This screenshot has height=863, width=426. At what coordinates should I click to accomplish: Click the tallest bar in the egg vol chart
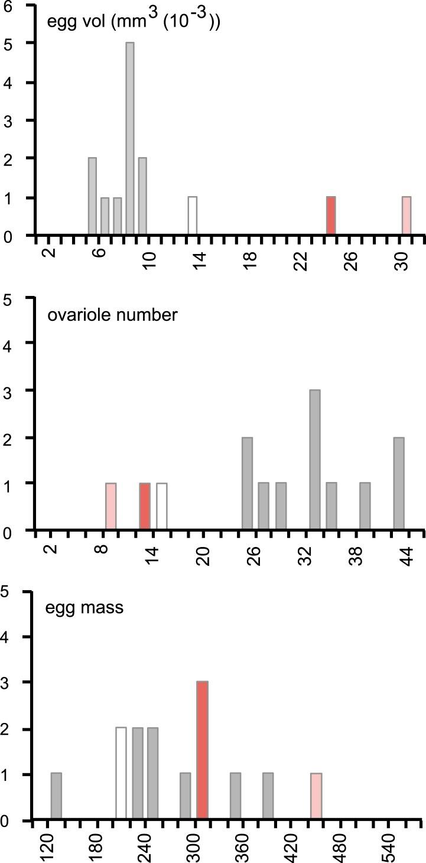(x=129, y=139)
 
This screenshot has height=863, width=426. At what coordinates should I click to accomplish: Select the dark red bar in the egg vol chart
(x=331, y=216)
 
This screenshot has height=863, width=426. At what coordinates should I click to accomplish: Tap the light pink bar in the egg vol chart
(x=406, y=216)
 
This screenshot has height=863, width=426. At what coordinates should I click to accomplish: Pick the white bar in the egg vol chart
(x=192, y=216)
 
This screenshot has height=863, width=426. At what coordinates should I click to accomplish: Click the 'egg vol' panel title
(x=134, y=24)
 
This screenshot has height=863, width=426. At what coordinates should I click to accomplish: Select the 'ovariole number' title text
(x=112, y=315)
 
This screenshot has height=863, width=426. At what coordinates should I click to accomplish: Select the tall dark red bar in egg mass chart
(x=202, y=751)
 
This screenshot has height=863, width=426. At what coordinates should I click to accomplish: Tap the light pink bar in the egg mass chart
(x=316, y=797)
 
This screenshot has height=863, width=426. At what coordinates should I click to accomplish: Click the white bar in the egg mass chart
(x=121, y=774)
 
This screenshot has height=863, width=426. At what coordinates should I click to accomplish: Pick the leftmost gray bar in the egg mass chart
(x=56, y=797)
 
